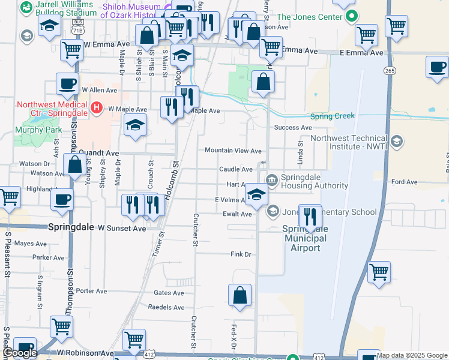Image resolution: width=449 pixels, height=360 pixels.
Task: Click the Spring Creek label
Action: point(333,116)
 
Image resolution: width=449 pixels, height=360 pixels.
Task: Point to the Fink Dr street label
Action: point(241,254)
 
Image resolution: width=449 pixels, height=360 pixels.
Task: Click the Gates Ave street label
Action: point(169,293)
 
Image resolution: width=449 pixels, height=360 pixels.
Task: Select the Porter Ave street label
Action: point(92,291)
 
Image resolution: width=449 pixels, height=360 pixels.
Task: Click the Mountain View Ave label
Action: point(233,151)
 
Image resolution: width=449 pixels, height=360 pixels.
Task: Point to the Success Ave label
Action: point(293,128)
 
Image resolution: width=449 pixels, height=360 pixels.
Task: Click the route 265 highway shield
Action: point(390,71)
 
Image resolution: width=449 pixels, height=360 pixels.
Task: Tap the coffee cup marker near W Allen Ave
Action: point(68,83)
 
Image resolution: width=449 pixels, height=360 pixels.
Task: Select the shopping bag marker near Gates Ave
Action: point(240,295)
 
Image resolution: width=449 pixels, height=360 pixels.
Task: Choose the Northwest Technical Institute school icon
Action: point(396,142)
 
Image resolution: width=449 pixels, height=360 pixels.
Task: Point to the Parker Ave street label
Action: point(49,257)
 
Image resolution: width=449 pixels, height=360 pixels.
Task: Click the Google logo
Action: point(19,353)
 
